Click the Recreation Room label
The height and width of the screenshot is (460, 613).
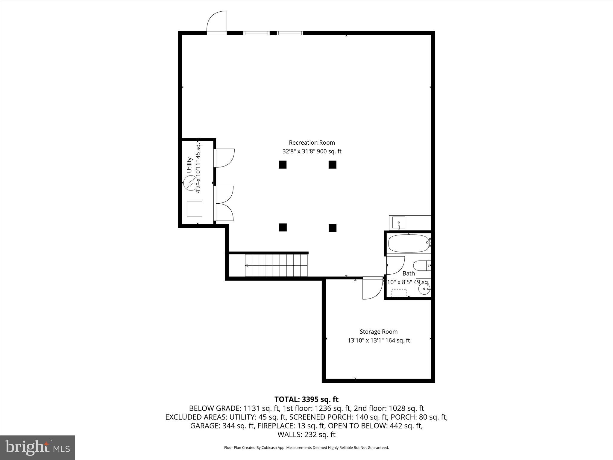click(x=312, y=143)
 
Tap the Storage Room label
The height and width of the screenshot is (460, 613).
click(x=378, y=332)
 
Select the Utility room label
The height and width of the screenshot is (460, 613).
click(x=189, y=165)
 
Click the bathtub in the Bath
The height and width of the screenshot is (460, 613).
click(x=408, y=243)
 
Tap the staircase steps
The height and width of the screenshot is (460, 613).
click(x=276, y=265)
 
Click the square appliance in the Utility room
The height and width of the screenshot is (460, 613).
click(x=194, y=209)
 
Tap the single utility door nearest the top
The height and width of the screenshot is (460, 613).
click(x=224, y=158)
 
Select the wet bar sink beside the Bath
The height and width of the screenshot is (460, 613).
click(x=398, y=223)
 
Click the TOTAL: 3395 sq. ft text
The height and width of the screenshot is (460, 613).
click(x=306, y=399)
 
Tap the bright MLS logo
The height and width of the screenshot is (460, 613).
click(x=37, y=447)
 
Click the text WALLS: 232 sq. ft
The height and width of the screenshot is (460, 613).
click(x=306, y=434)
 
